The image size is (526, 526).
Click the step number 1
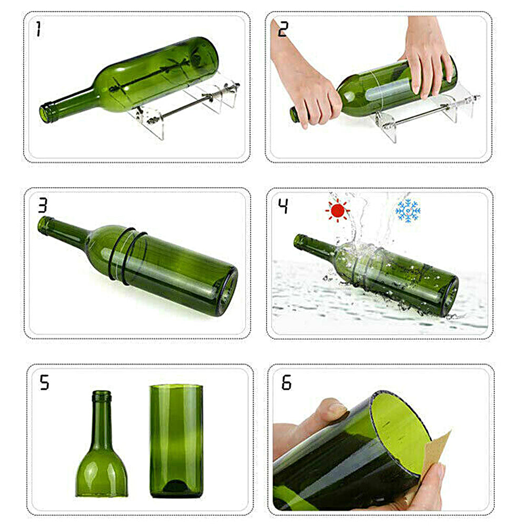coord(38,29)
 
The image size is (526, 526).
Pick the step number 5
coord(45,382)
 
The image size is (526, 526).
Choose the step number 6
coord(286,382)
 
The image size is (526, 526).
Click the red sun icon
coord(337,211)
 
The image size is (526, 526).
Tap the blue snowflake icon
coord(408,210)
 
